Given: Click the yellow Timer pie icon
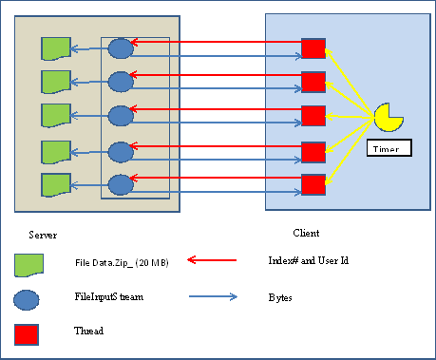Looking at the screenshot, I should [x=388, y=116].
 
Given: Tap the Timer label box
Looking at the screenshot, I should [x=389, y=148].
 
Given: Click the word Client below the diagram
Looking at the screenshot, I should [x=305, y=232].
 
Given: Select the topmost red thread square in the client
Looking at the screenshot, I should [x=313, y=47].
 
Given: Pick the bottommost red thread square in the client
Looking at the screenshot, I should [x=313, y=183].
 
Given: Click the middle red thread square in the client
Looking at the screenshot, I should [x=313, y=115].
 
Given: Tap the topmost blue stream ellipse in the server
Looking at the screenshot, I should [x=121, y=47].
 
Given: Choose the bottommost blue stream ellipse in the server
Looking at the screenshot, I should [x=121, y=183].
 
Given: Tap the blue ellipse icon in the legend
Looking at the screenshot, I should [x=27, y=299].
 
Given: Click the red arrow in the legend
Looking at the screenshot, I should [x=219, y=259].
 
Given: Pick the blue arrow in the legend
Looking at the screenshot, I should [x=219, y=296].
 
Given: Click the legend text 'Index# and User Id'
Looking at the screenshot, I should [x=308, y=259].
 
